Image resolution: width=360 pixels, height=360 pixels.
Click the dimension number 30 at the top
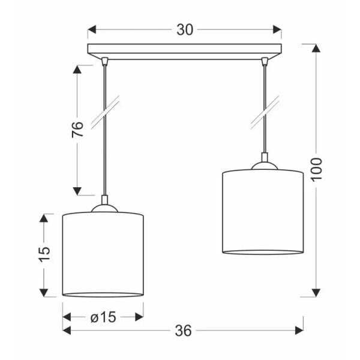pyautogui.click(x=185, y=30)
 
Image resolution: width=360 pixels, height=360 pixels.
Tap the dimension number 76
pyautogui.click(x=77, y=130)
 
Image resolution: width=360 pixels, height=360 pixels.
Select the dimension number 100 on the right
pyautogui.click(x=317, y=170)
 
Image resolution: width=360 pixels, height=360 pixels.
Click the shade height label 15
pyautogui.click(x=44, y=254)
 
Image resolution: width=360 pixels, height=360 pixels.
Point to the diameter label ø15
pyautogui.click(x=103, y=317)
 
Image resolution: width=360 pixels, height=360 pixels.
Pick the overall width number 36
pyautogui.click(x=183, y=331)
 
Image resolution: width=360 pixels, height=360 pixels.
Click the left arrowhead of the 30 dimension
pyautogui.click(x=92, y=29)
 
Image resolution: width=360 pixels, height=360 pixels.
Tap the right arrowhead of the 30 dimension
pyautogui.click(x=277, y=29)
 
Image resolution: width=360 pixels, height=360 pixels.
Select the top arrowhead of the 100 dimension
pyautogui.click(x=316, y=48)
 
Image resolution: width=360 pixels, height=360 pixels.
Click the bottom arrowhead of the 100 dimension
pyautogui.click(x=316, y=293)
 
